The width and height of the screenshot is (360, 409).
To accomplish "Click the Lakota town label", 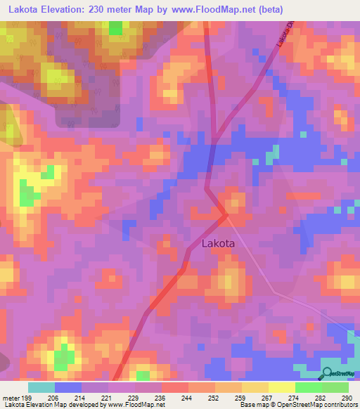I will coord(218,244).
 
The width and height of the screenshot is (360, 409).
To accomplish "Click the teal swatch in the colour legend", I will coord(41,387).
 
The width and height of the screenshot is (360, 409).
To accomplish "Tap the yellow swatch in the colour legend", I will coord(281,387).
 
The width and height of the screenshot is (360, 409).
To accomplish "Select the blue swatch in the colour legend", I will coord(68,387).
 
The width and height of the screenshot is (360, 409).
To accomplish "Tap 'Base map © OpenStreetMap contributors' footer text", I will coord(297,405).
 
